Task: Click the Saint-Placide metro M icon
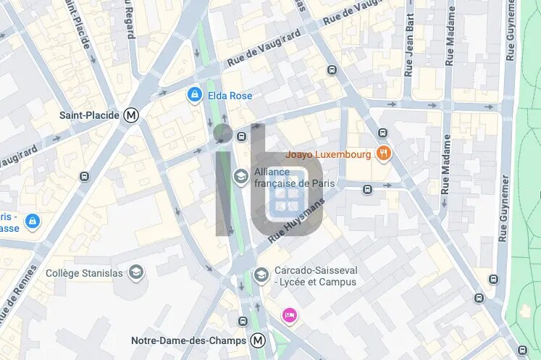(x=131, y=114)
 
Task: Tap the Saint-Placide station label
(x=90, y=114)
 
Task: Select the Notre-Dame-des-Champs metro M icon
(x=258, y=340)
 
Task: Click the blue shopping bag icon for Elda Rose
(x=194, y=95)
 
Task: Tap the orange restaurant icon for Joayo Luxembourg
(x=384, y=154)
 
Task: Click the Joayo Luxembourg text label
(x=328, y=154)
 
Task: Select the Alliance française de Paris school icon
(x=240, y=177)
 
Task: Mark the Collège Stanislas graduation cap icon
(x=135, y=272)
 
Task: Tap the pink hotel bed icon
(x=290, y=315)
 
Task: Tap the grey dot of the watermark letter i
(x=223, y=133)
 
